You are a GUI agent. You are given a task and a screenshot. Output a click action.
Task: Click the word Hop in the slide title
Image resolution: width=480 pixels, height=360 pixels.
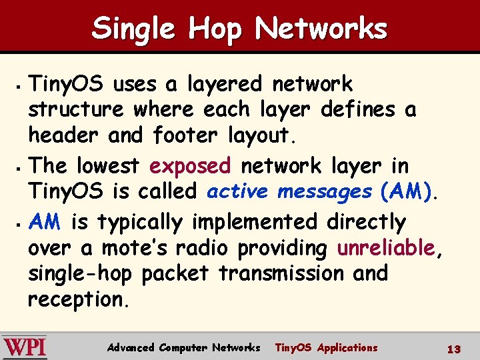point(217,29)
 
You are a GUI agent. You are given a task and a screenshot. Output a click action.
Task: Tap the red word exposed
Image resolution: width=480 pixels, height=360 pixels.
point(190,165)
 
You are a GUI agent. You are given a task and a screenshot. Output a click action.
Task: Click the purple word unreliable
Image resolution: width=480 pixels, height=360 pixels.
point(386,248)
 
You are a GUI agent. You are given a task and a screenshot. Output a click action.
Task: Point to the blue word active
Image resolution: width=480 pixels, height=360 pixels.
point(238,192)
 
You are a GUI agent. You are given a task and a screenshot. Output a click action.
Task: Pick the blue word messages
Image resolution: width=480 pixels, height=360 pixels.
point(325,192)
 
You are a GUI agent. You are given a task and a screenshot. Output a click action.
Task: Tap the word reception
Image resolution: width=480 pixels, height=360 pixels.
point(76,300)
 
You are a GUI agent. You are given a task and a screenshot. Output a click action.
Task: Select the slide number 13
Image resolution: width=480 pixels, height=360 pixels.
point(454,349)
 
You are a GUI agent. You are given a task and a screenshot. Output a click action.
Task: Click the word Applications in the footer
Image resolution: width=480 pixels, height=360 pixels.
point(347,347)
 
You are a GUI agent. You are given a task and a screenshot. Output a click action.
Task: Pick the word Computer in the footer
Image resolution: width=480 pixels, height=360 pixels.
point(183,347)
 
